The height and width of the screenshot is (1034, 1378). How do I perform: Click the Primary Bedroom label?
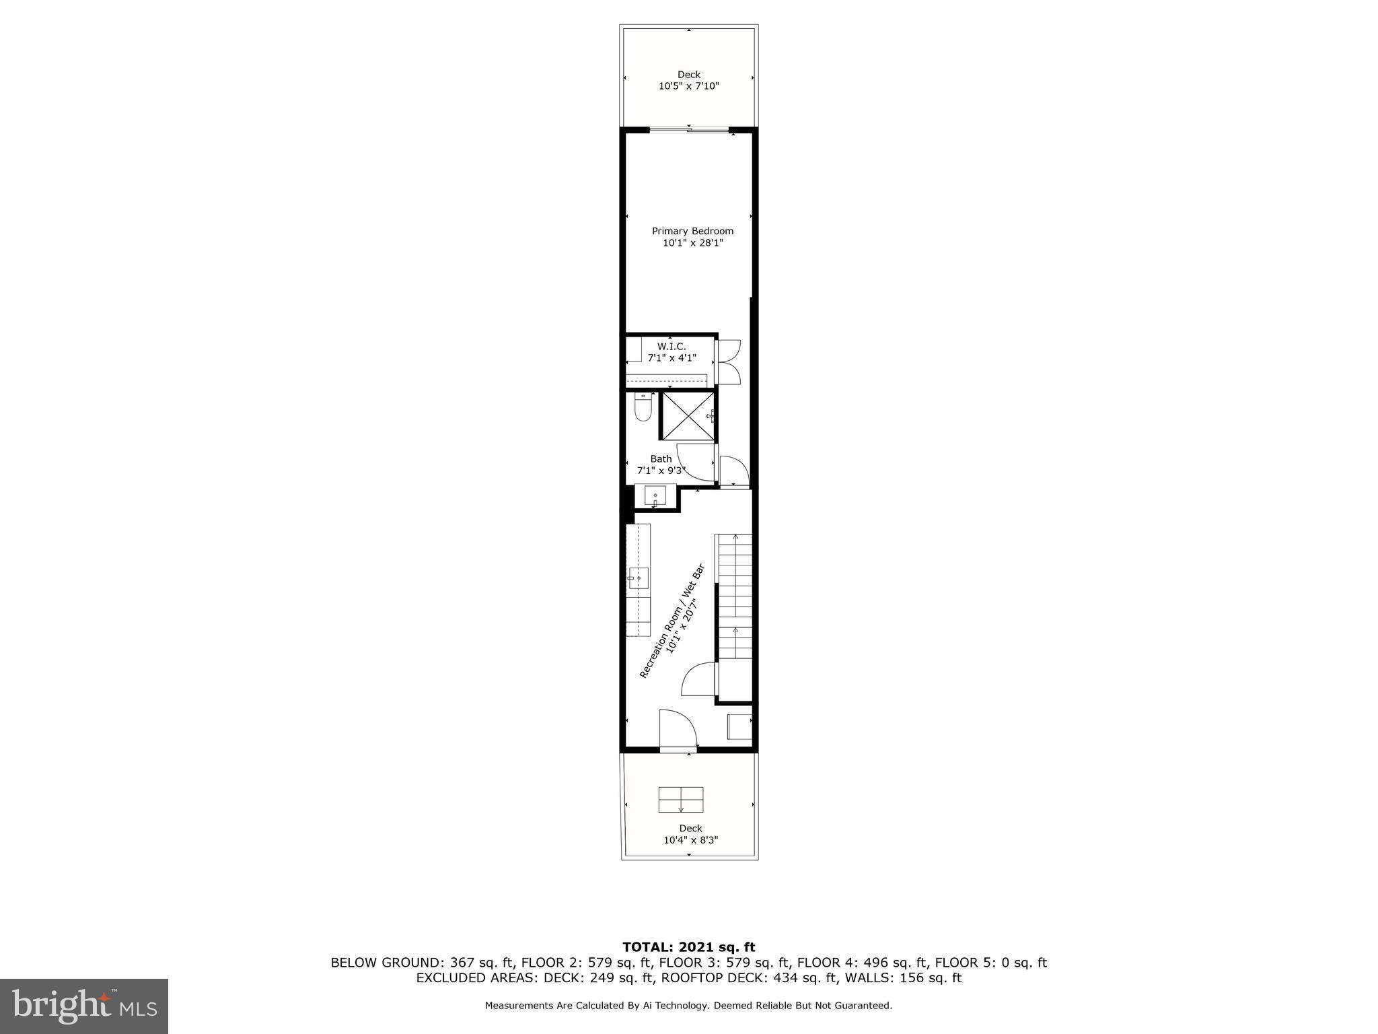click(692, 231)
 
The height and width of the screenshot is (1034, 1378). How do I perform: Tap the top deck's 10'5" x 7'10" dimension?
click(689, 86)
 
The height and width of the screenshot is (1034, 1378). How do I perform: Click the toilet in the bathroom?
click(643, 408)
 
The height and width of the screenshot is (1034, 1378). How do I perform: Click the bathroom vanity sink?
click(655, 497)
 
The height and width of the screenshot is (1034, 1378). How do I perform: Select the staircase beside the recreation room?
click(734, 596)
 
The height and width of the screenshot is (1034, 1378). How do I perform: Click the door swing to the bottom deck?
click(676, 729)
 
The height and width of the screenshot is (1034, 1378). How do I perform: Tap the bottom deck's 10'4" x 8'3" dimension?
click(690, 840)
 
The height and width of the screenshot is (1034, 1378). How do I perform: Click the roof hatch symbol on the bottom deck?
click(681, 799)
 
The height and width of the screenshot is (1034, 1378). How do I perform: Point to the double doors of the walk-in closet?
click(729, 362)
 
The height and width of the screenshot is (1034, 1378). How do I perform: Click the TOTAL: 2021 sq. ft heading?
click(688, 947)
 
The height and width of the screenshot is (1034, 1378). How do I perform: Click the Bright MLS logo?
click(84, 1006)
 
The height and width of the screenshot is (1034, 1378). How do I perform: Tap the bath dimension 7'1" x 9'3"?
click(661, 471)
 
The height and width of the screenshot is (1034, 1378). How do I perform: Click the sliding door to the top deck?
click(689, 130)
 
